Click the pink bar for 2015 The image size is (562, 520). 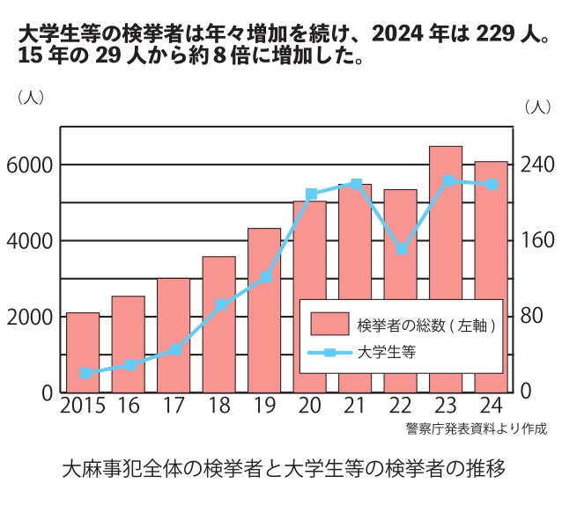coord(83,352)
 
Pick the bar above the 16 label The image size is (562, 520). coord(129,344)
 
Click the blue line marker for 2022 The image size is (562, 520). coord(401,249)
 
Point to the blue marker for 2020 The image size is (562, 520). coord(311,194)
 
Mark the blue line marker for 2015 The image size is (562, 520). coord(85,373)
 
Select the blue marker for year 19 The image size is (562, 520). coord(266,277)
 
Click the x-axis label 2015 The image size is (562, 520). coord(82,408)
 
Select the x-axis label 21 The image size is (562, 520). coord(354,408)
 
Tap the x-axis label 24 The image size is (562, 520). coord(492,408)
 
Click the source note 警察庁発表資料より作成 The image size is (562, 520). coord(477,429)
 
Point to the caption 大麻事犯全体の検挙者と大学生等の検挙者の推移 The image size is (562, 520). coord(283,467)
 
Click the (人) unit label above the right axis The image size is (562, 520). coord(536,106)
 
